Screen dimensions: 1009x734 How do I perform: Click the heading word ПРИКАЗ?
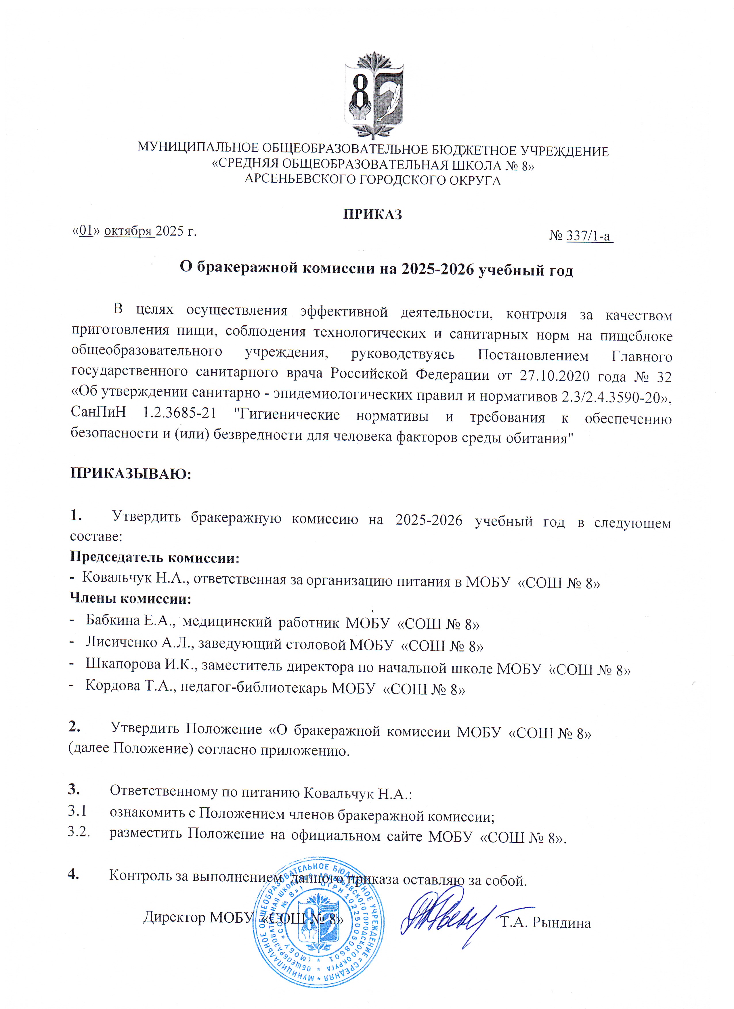coord(372,215)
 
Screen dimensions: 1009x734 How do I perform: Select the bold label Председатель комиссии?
coord(155,557)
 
